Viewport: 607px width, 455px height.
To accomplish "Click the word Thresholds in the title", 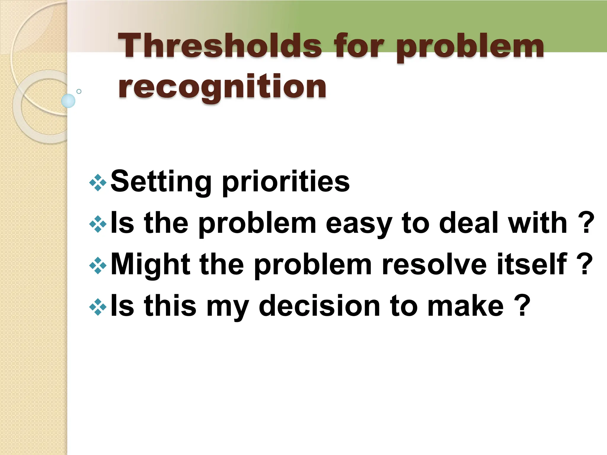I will coord(220,46).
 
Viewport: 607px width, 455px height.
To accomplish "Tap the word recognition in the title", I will coord(222,87).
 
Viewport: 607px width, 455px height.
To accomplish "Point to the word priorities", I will coord(286,181).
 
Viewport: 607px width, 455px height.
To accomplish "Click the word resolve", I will coord(435,264).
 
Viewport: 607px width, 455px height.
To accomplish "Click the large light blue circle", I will coord(68,101).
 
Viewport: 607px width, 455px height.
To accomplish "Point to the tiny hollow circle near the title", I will coord(79,91).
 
